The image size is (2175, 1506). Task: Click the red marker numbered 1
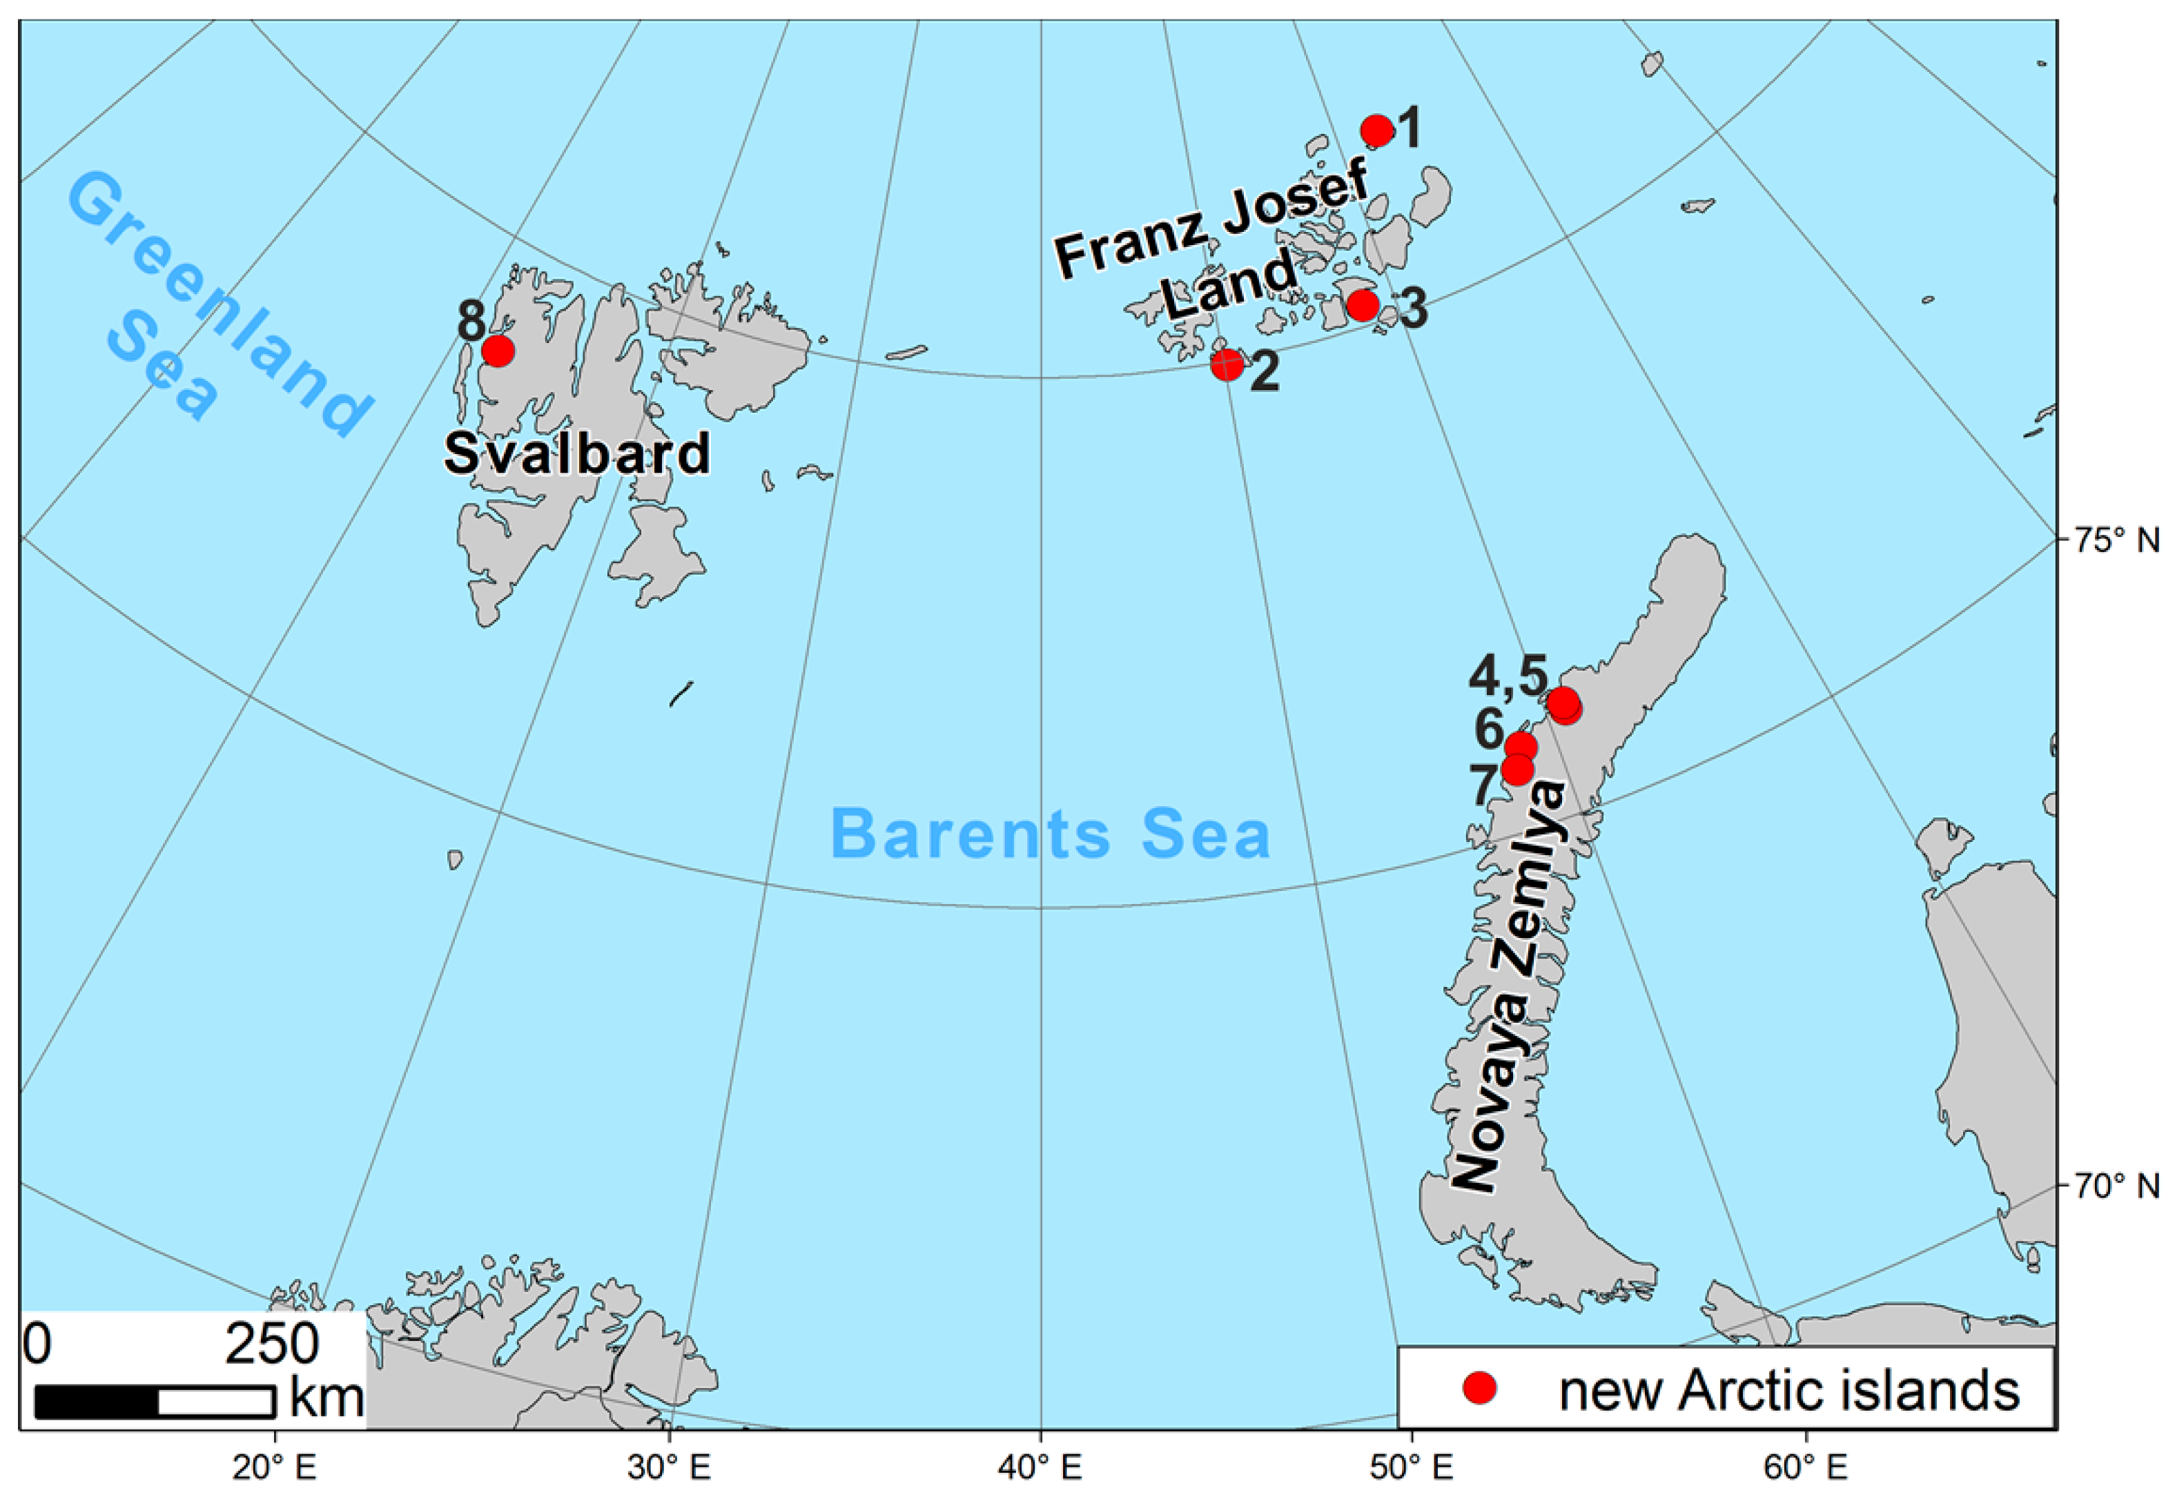1376,130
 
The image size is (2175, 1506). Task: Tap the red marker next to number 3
1362,305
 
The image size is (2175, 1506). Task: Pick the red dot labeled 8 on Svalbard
497,351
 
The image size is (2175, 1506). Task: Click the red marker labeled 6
1520,746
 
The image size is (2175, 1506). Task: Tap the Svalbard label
576,454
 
